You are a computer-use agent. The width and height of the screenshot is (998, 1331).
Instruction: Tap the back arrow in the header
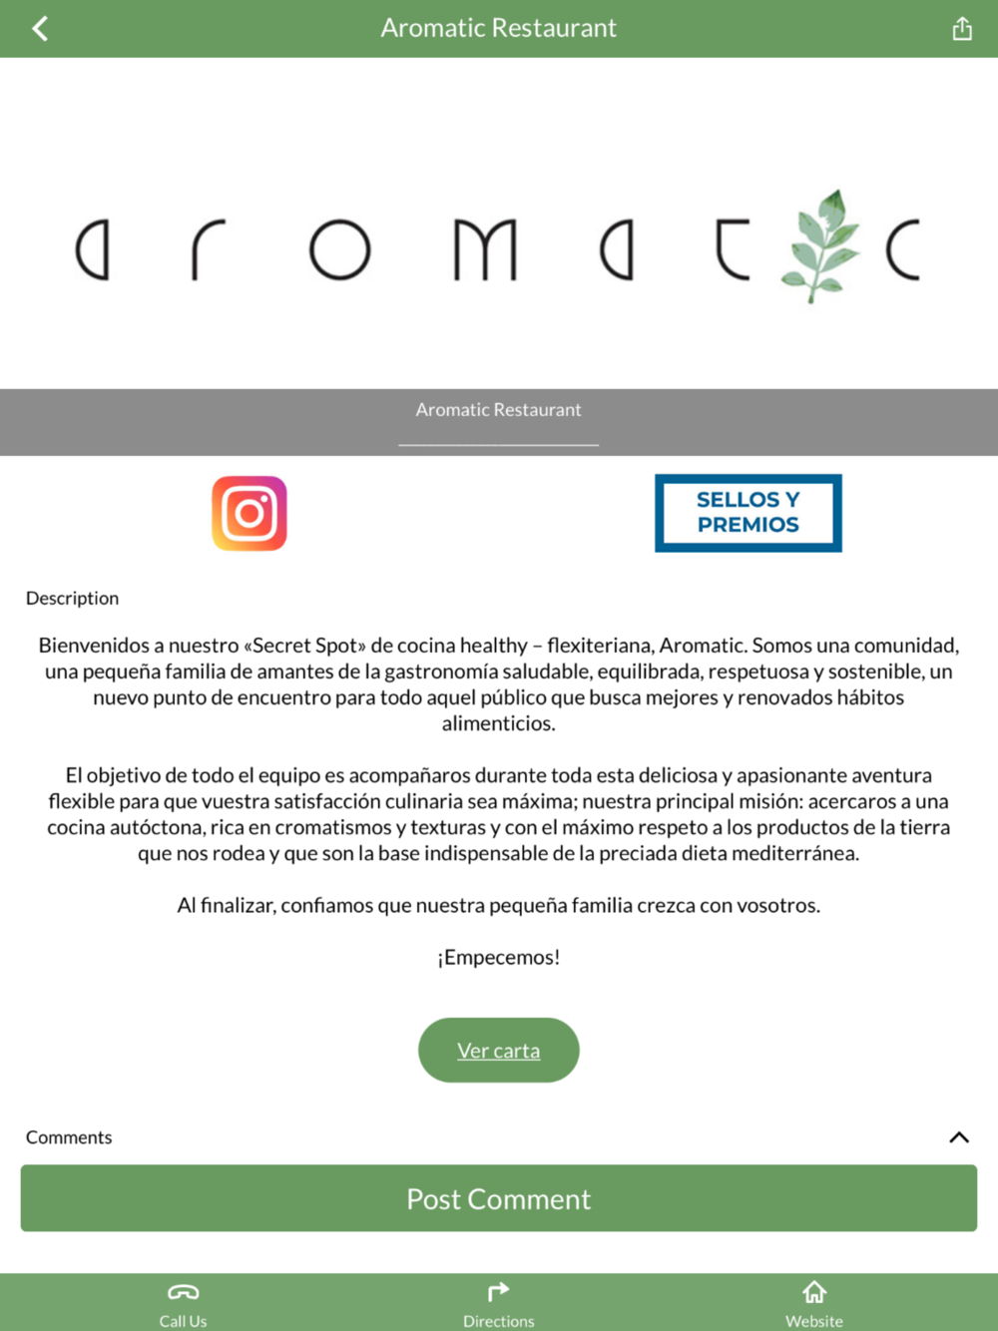click(40, 29)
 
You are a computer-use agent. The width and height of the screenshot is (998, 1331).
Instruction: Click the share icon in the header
click(962, 29)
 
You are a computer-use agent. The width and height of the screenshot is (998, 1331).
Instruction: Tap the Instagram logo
click(249, 514)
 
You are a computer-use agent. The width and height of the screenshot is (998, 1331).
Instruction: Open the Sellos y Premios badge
click(748, 513)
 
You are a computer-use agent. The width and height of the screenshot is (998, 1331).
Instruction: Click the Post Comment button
click(499, 1198)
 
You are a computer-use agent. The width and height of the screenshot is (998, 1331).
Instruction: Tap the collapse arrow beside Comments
click(959, 1137)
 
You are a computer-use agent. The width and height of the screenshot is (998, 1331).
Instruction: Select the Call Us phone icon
click(184, 1293)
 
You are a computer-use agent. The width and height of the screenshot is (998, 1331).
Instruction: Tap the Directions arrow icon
click(498, 1293)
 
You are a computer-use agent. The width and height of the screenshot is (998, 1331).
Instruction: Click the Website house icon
click(814, 1293)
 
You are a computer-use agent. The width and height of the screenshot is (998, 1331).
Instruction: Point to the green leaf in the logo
click(822, 245)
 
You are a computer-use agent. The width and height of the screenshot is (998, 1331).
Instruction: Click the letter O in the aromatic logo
click(339, 249)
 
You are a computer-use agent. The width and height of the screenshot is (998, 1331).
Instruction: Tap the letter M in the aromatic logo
click(486, 249)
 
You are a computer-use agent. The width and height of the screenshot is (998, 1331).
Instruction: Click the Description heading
click(73, 599)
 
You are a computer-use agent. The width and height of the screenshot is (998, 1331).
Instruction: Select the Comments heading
click(69, 1137)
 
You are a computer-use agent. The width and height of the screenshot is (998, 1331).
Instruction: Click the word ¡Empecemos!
click(499, 958)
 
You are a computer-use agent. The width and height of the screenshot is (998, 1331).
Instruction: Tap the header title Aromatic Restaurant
click(499, 28)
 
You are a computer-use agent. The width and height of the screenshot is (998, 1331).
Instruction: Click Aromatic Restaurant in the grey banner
click(499, 410)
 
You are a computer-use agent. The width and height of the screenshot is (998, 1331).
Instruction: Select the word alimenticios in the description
click(499, 723)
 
